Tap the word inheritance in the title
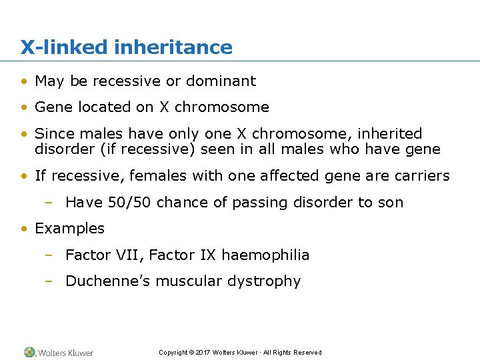(x=173, y=47)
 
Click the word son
(x=391, y=203)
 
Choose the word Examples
(x=70, y=229)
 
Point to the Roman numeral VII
(x=132, y=255)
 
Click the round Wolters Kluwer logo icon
(x=30, y=352)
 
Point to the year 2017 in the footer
(x=203, y=353)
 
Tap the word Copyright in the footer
(x=173, y=353)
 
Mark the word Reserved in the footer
(x=308, y=353)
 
